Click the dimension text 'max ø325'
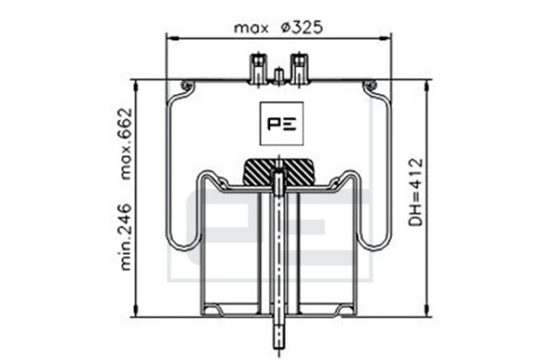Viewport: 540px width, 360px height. tap(278, 28)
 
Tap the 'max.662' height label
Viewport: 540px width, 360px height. tap(124, 144)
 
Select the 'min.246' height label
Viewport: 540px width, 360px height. tap(124, 237)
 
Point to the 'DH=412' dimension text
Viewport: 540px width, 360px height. tap(415, 192)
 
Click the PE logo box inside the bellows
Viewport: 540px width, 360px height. tap(282, 123)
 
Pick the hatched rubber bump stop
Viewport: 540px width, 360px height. tap(278, 172)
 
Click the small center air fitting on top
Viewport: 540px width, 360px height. tap(279, 76)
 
